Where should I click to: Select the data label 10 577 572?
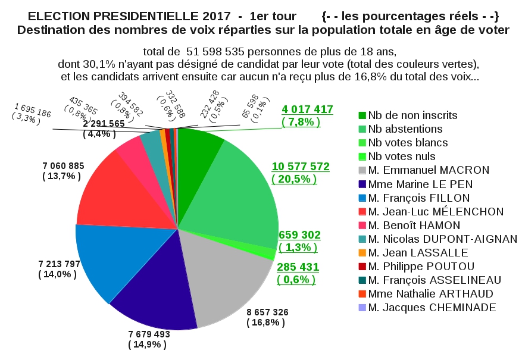point(301,167)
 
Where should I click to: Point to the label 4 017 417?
point(307,109)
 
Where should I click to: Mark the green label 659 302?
point(299,234)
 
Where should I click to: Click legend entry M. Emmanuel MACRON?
point(429,170)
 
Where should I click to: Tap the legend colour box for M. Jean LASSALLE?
point(362,252)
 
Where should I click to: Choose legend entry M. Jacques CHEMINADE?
point(432,307)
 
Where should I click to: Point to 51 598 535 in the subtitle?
point(221,52)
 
